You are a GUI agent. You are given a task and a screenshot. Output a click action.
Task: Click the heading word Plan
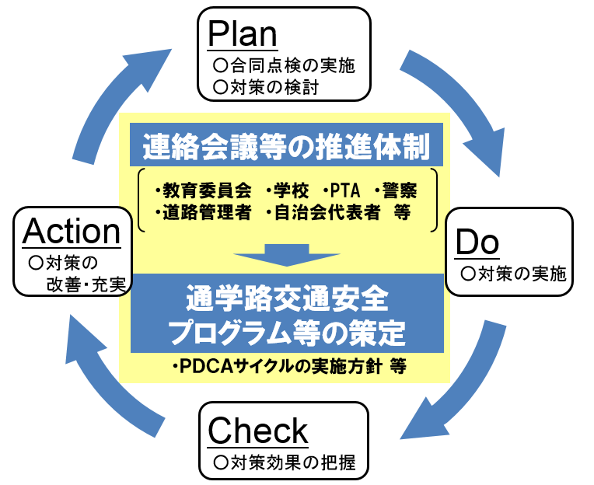pyautogui.click(x=243, y=34)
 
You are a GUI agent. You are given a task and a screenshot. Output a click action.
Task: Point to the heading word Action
pyautogui.click(x=72, y=232)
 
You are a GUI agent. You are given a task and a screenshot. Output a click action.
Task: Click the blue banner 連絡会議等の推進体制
pyautogui.click(x=287, y=145)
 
